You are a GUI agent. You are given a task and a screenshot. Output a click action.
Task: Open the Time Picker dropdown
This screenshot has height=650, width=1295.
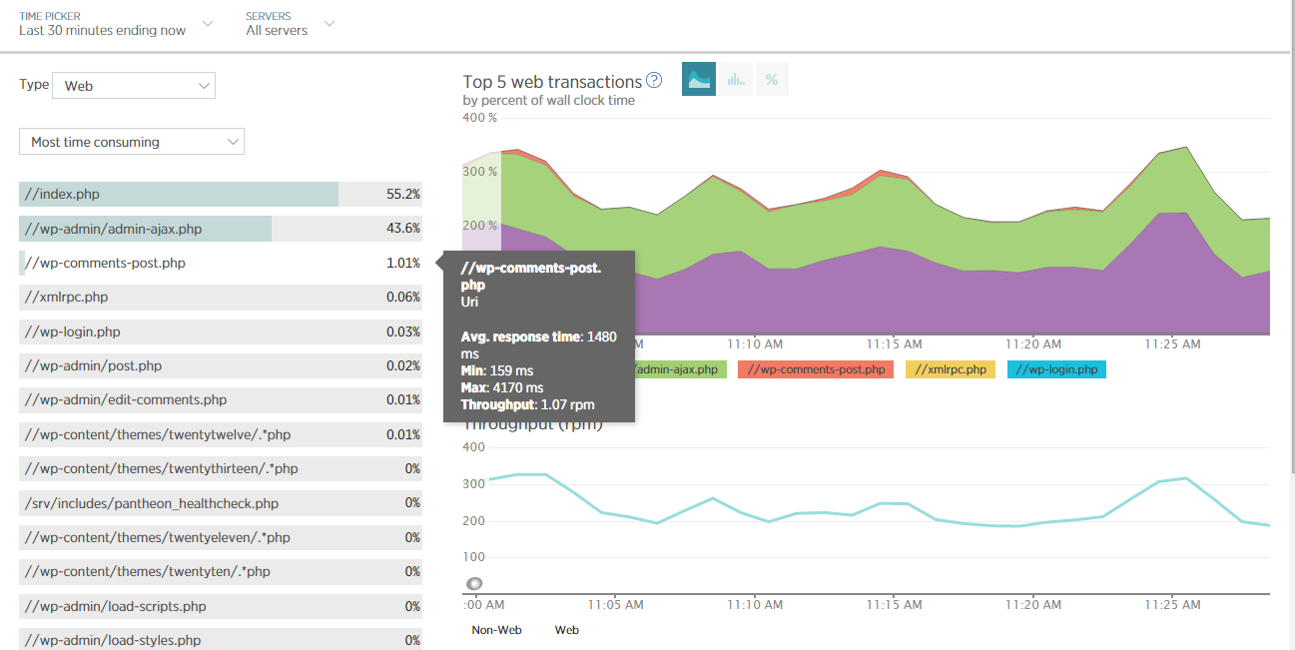point(115,23)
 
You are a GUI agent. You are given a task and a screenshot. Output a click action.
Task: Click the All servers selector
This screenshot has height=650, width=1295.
point(290,23)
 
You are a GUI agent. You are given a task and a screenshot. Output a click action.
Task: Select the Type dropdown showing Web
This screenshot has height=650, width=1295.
point(133,86)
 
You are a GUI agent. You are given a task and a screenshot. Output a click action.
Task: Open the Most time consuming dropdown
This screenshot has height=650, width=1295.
point(131,142)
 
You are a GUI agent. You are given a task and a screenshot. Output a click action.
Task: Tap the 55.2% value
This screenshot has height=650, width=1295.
point(403,194)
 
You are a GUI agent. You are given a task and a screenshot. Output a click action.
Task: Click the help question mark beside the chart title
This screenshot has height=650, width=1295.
point(654,81)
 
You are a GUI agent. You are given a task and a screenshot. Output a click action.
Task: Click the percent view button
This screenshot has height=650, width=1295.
point(771,80)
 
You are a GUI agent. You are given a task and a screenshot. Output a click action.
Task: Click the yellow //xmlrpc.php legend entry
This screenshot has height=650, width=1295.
point(950,369)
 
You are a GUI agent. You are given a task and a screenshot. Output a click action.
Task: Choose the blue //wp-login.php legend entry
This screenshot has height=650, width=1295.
point(1056,369)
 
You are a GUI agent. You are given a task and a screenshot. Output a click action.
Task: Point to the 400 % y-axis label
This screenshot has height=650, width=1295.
point(480,118)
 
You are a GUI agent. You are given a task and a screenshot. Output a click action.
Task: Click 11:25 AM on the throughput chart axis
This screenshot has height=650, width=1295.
point(1173,604)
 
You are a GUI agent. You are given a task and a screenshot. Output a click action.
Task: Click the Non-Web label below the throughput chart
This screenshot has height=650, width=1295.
point(495,630)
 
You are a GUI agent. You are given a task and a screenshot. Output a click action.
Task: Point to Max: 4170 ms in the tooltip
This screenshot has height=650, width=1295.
point(502,387)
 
